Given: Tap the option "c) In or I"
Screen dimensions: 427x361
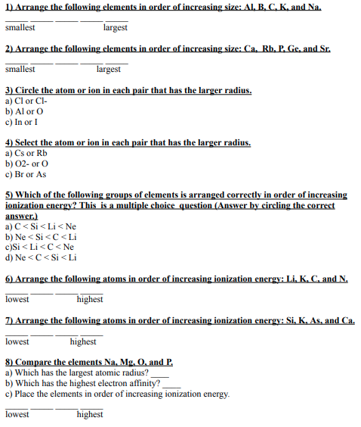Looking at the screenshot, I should [23, 120].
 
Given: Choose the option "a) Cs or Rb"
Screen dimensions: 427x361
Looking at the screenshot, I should [26, 152].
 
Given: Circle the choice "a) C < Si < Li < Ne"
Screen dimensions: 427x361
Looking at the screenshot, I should [41, 226].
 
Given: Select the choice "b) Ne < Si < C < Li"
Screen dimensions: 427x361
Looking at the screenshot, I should [41, 235].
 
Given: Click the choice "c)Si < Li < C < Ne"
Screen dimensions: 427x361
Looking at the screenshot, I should [39, 245].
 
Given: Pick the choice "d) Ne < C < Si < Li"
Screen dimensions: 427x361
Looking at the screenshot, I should [41, 255].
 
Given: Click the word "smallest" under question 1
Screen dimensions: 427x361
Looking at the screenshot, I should [20, 27].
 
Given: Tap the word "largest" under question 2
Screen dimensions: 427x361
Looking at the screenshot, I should [109, 69].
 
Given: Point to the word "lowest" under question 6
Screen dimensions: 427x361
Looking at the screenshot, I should [17, 299].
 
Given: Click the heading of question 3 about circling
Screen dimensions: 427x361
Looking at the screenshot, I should [128, 90].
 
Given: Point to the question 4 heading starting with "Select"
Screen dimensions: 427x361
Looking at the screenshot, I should [128, 142].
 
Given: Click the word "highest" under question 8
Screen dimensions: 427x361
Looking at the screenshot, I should [90, 414].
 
